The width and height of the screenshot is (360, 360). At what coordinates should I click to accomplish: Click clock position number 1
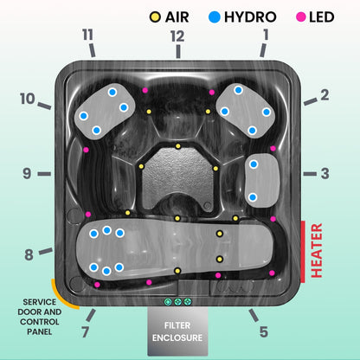(x=266, y=35)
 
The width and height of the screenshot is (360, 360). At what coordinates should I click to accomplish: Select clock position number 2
(x=325, y=94)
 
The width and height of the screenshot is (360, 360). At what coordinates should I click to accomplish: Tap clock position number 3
(x=325, y=173)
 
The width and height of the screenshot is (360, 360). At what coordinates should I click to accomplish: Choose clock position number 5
(x=264, y=331)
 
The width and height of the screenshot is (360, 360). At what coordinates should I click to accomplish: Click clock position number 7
(x=85, y=332)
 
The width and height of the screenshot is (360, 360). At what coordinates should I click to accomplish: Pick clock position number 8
(x=29, y=254)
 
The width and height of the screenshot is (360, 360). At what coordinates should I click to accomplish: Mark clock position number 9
(x=27, y=173)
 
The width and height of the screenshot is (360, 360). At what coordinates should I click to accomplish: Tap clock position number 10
(x=29, y=99)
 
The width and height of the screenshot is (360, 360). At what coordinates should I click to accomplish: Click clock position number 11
(x=87, y=35)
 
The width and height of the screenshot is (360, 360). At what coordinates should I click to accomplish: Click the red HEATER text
(x=317, y=251)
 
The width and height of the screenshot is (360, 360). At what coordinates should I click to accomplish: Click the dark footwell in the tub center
(x=178, y=177)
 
